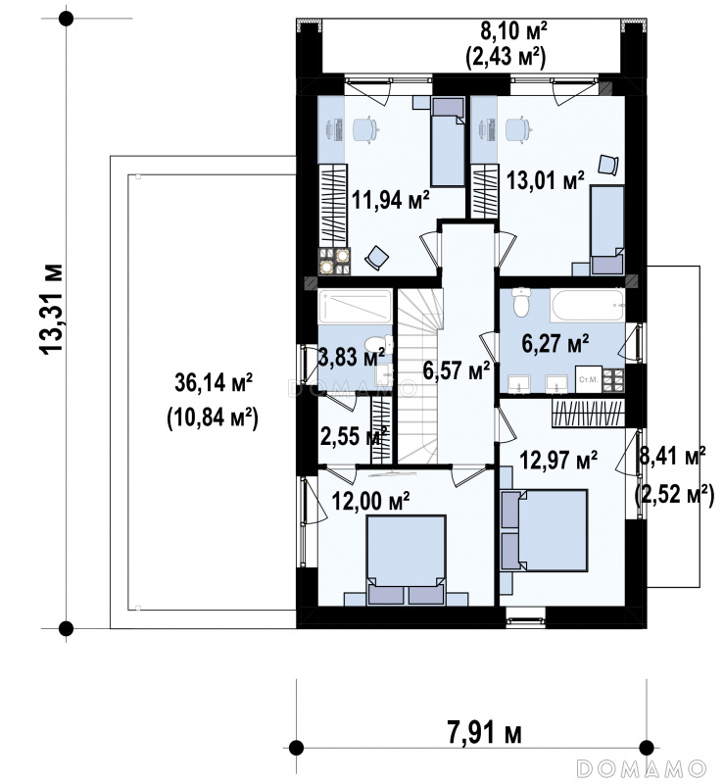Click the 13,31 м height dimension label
[52, 309]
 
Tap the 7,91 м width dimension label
[484, 733]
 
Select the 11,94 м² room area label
[391, 200]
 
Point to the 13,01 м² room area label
[545, 180]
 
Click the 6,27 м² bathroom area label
[555, 343]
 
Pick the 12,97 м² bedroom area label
[558, 460]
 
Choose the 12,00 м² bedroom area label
[371, 500]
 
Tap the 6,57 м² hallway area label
[456, 370]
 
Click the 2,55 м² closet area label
[354, 436]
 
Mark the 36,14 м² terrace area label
[214, 382]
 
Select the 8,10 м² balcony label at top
[513, 31]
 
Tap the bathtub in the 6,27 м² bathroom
[588, 305]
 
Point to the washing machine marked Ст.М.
[588, 379]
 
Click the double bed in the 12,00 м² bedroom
[406, 560]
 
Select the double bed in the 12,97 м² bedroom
[544, 530]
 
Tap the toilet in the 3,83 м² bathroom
[376, 345]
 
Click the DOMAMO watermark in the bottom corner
[642, 768]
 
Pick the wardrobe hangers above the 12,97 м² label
[589, 414]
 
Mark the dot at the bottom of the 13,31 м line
[66, 628]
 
